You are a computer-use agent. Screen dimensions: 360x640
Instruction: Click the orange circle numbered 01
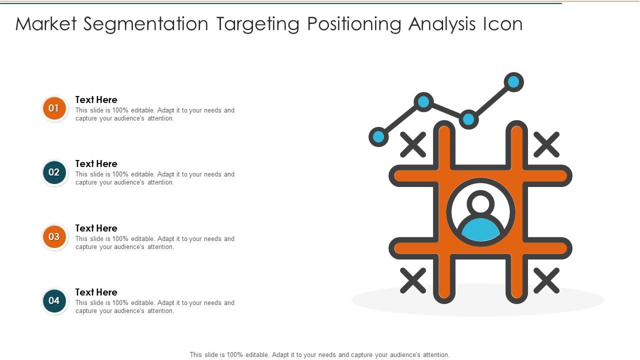54,108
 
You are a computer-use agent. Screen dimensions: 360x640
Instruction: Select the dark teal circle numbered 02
54,172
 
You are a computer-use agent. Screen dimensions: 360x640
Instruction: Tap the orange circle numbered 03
54,237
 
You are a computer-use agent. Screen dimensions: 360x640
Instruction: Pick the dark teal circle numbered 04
54,301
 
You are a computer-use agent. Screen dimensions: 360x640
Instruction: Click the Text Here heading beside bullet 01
96,99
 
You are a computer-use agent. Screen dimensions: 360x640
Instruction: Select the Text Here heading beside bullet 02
96,163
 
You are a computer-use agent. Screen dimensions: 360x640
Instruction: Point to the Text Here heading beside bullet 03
96,228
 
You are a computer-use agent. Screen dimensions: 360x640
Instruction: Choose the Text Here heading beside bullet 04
96,292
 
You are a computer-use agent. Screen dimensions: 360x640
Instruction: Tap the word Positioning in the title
354,24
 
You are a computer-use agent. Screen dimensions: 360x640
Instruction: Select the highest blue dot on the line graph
513,82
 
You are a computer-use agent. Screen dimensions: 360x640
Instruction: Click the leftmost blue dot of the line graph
378,136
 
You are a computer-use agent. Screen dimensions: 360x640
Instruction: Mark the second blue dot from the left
423,102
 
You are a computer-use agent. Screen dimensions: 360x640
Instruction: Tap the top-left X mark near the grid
413,144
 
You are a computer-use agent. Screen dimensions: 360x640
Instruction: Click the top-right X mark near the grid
546,144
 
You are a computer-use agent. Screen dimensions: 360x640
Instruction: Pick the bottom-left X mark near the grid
413,280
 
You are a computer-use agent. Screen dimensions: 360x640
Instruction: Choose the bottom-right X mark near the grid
546,280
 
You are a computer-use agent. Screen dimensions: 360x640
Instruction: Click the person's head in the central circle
480,203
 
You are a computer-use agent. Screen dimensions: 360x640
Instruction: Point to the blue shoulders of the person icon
480,229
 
